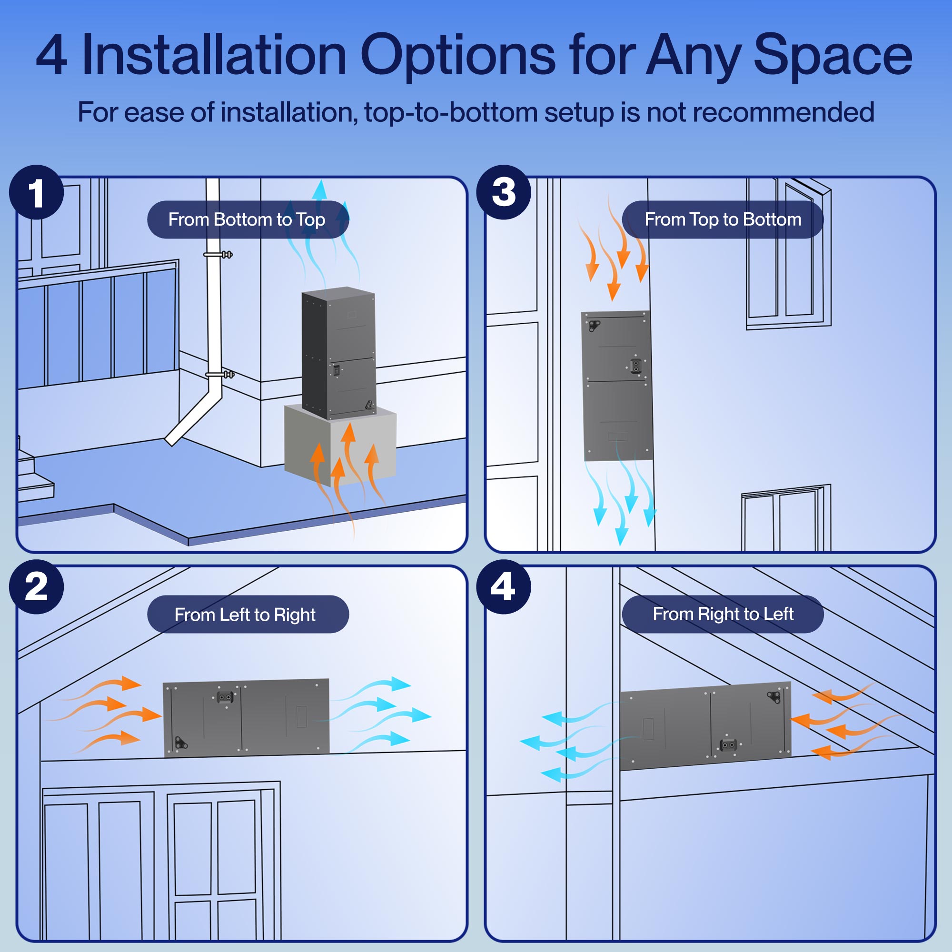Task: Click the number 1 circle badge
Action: tap(37, 192)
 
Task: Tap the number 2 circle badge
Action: tap(37, 587)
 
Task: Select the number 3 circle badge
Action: tap(503, 192)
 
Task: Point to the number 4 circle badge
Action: tap(503, 587)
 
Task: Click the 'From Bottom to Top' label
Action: tap(248, 220)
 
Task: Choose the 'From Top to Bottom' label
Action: tap(723, 220)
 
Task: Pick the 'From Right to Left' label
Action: tap(723, 614)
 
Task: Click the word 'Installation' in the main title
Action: tap(214, 55)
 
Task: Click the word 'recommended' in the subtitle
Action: tap(783, 112)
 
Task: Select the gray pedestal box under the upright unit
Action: tap(340, 444)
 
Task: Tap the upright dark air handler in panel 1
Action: tap(338, 352)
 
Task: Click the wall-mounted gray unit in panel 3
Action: tap(617, 386)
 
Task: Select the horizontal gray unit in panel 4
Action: tap(705, 726)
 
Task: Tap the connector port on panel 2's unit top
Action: tap(225, 697)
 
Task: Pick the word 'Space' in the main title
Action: tap(833, 55)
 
